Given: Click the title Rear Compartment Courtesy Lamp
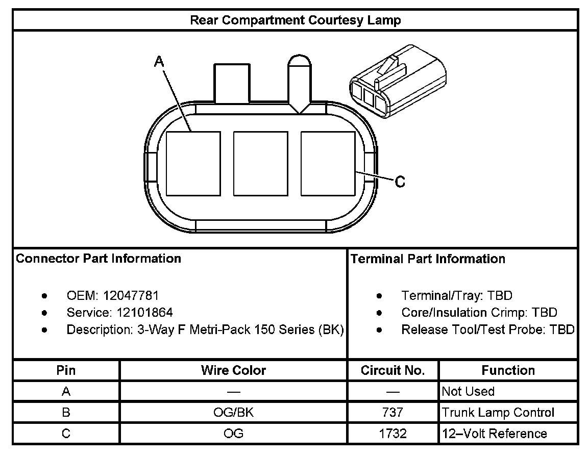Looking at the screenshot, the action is (295, 20).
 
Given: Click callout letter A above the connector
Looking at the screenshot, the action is (159, 62).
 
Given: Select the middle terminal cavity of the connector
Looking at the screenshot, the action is (260, 163).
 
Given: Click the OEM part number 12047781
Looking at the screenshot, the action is (131, 295).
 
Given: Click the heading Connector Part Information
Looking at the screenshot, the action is (99, 259).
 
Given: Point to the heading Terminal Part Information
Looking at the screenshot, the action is (428, 259).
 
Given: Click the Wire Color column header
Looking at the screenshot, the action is (233, 370).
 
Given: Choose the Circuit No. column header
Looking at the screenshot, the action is (393, 370).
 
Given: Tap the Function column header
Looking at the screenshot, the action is (508, 370).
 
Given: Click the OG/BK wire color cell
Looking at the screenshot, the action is (233, 412).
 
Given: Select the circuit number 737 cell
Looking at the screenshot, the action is (393, 412).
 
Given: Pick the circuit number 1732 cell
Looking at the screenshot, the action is (393, 434).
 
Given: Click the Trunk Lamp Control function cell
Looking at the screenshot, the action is (498, 412).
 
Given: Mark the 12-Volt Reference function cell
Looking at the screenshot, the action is (494, 434).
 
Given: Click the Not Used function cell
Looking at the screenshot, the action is (468, 391).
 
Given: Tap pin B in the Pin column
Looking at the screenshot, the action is (66, 412).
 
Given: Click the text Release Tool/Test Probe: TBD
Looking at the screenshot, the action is (487, 329).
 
